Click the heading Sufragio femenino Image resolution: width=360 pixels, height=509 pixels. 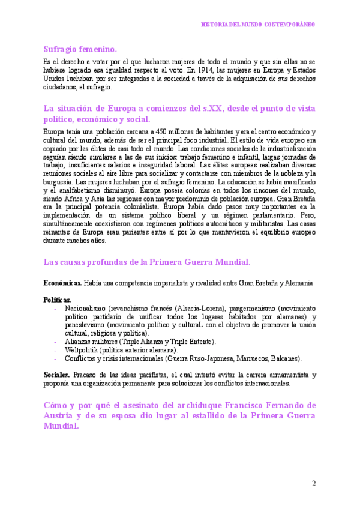(x=80, y=49)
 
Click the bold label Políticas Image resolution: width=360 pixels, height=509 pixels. (x=57, y=299)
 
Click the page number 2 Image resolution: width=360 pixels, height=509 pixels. (x=313, y=484)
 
